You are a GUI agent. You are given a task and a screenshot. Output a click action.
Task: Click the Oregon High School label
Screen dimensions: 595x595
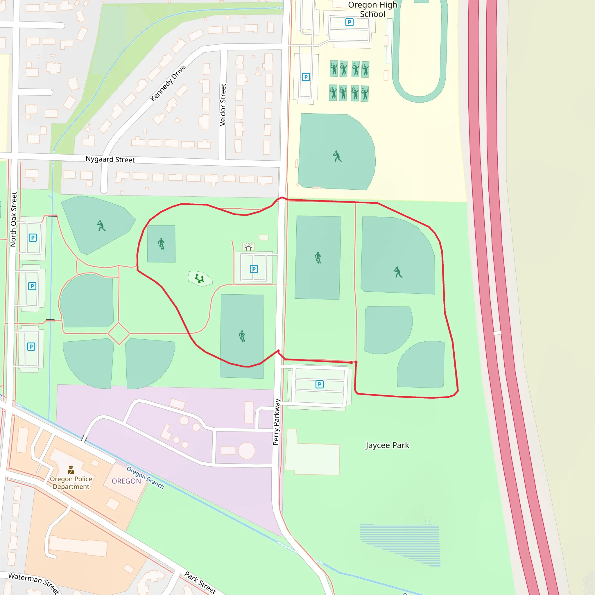point(372,10)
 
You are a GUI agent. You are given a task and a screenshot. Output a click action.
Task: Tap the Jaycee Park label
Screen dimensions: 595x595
point(387,445)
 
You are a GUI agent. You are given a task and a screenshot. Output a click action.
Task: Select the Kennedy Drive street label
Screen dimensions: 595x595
point(168,83)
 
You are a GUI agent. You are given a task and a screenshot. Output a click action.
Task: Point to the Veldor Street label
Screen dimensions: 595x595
point(223,105)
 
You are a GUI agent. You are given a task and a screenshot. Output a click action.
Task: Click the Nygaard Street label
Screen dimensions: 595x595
point(110,159)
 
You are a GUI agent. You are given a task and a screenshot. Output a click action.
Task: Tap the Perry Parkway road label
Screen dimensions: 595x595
point(276,422)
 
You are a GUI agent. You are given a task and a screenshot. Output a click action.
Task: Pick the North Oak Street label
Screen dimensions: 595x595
point(14,219)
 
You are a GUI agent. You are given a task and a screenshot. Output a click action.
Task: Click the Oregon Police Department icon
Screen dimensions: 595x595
point(71,470)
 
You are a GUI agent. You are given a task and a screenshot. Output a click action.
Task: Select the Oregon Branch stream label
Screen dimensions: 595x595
point(145,477)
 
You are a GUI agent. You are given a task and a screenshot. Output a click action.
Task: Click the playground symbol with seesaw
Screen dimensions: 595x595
point(200,279)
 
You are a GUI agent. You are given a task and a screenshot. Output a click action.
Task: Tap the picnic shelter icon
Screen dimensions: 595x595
point(248,247)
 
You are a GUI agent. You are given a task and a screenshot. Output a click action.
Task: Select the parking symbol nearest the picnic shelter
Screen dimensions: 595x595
point(253,269)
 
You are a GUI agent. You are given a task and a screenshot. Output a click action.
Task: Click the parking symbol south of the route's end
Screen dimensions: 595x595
point(319,384)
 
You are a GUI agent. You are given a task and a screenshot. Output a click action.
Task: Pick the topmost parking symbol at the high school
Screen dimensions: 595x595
point(349,22)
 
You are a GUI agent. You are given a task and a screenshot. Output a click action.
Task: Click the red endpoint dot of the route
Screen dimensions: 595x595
point(352,363)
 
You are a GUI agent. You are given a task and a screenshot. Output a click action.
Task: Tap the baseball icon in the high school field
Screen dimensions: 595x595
point(337,157)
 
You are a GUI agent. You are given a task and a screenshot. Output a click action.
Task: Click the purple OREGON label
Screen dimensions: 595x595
point(126,481)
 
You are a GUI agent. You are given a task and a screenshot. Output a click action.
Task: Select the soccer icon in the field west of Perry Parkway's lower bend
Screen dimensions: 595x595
point(242,336)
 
